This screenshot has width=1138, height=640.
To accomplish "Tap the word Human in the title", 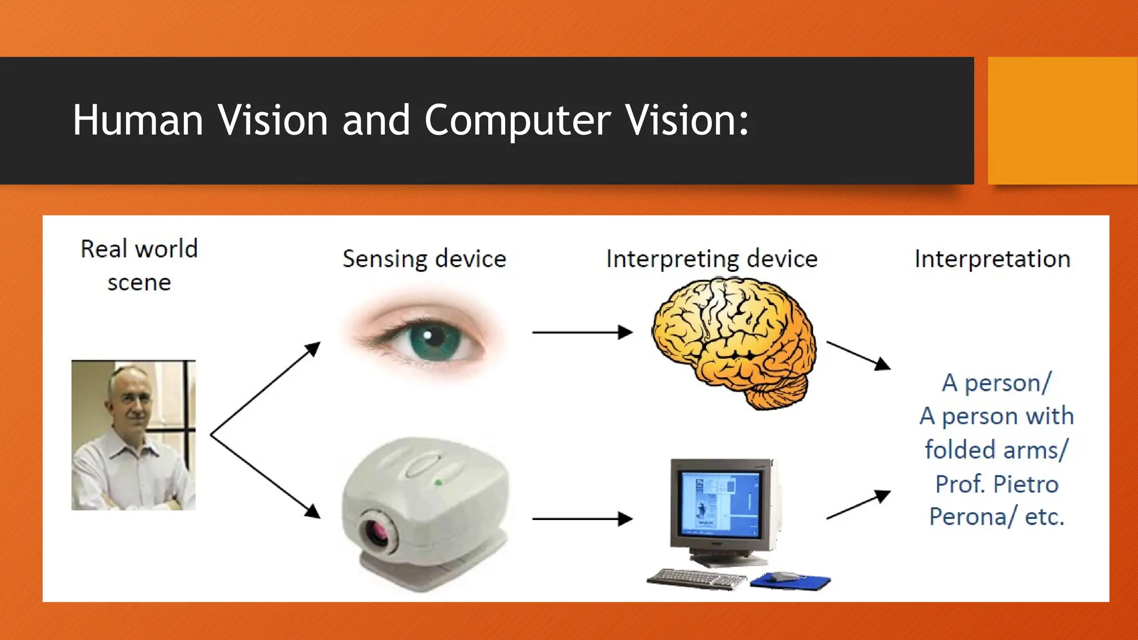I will pos(138,121).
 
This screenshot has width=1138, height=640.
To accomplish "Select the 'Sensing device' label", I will pos(424,259).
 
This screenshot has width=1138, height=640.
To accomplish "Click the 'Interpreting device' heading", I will pos(711,259).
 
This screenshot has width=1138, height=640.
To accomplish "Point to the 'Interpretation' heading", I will pos(992,259).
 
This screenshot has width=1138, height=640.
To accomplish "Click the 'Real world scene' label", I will pos(139,266).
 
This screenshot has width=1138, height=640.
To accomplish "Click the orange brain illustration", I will pos(733,342).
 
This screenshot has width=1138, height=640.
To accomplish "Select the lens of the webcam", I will pos(379,532).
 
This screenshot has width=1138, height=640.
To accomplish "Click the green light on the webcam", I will pos(438,482).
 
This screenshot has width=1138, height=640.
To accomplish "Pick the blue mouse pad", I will pos(790,581).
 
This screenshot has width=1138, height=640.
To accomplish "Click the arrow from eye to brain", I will pos(582,332).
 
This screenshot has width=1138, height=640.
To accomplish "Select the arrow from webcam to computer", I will pos(582,519).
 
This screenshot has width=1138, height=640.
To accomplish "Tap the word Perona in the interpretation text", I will pos(967,517).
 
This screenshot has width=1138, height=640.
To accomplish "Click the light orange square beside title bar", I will pos(1062,121).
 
